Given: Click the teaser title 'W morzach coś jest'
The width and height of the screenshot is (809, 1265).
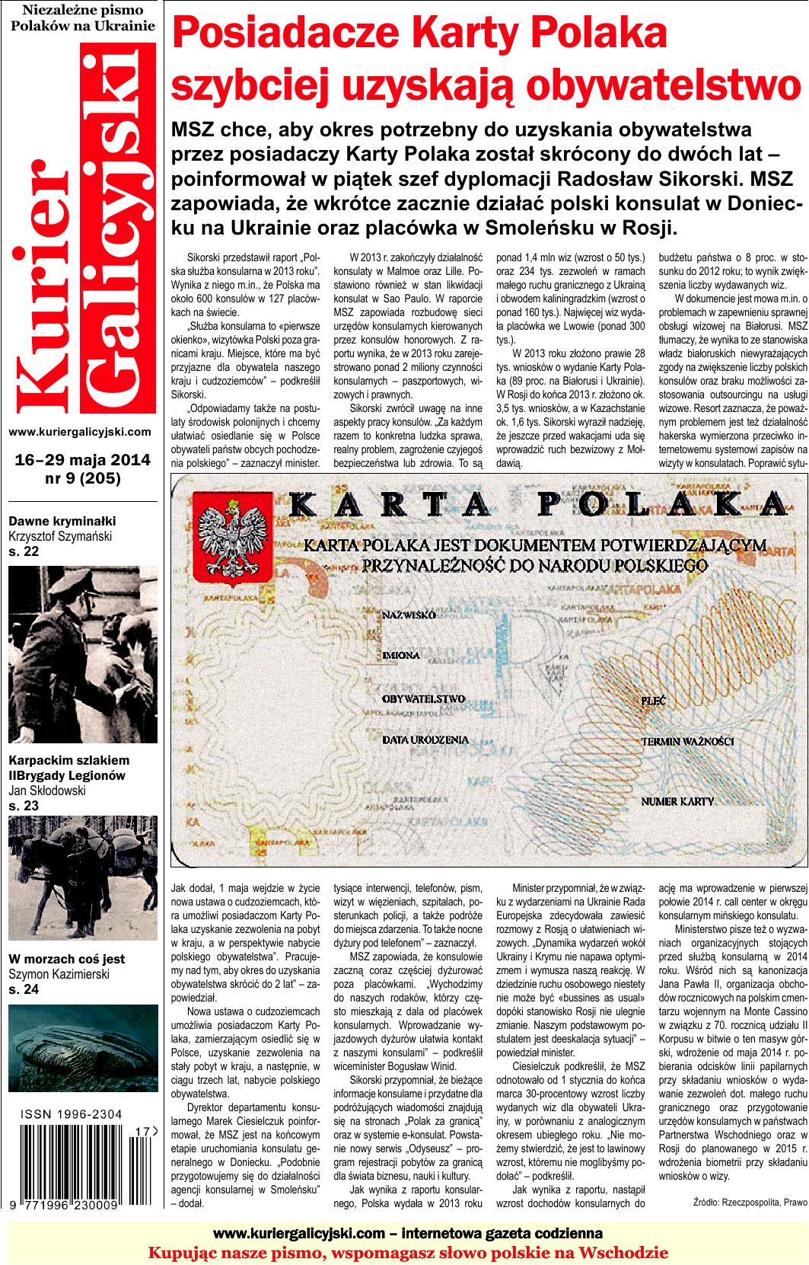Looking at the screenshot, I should tap(67, 959).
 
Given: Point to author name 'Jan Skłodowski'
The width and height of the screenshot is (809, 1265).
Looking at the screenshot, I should tap(47, 791).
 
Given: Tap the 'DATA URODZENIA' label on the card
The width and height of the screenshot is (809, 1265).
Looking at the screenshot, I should tap(425, 739).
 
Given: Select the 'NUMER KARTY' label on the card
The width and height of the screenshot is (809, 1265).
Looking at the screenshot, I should tap(677, 801).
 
